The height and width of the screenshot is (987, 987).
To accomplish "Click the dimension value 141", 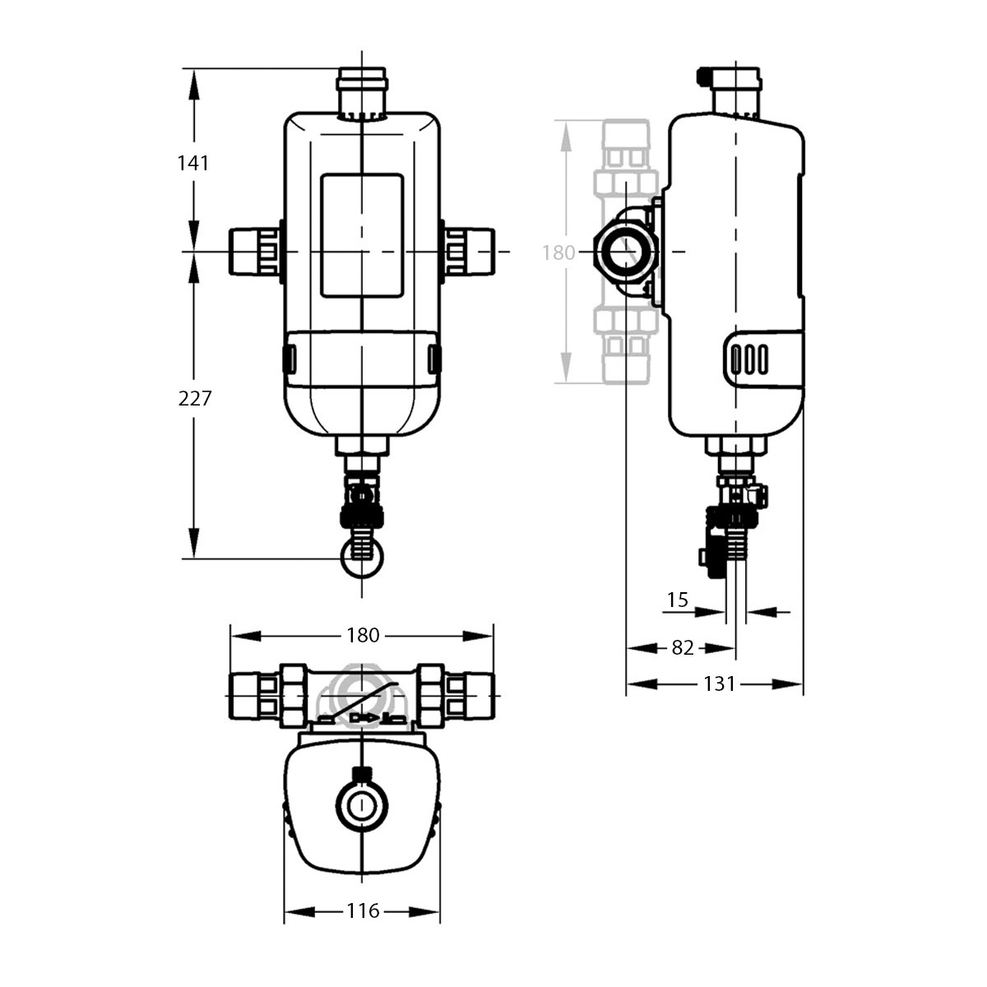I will click(x=194, y=163).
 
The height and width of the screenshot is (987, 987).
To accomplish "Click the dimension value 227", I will click(x=195, y=399).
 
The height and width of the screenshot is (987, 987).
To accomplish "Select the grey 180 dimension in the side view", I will click(x=558, y=253).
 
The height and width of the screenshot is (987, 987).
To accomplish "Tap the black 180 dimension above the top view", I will click(x=363, y=635).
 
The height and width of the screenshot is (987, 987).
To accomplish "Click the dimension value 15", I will click(x=677, y=600).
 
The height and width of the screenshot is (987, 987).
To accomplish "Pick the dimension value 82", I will click(x=683, y=647).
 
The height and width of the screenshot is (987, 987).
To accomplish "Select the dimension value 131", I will click(x=719, y=683).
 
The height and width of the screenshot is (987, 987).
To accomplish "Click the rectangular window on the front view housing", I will click(x=362, y=235).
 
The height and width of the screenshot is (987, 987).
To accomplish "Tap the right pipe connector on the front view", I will click(x=470, y=250).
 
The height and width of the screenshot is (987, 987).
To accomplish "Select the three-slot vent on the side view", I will click(x=748, y=359).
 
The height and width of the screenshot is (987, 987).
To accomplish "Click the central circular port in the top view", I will click(x=361, y=806).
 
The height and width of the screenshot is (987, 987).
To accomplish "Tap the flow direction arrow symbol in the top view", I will click(x=361, y=718).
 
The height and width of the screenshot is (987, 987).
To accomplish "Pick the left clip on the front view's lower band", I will click(x=290, y=358).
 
